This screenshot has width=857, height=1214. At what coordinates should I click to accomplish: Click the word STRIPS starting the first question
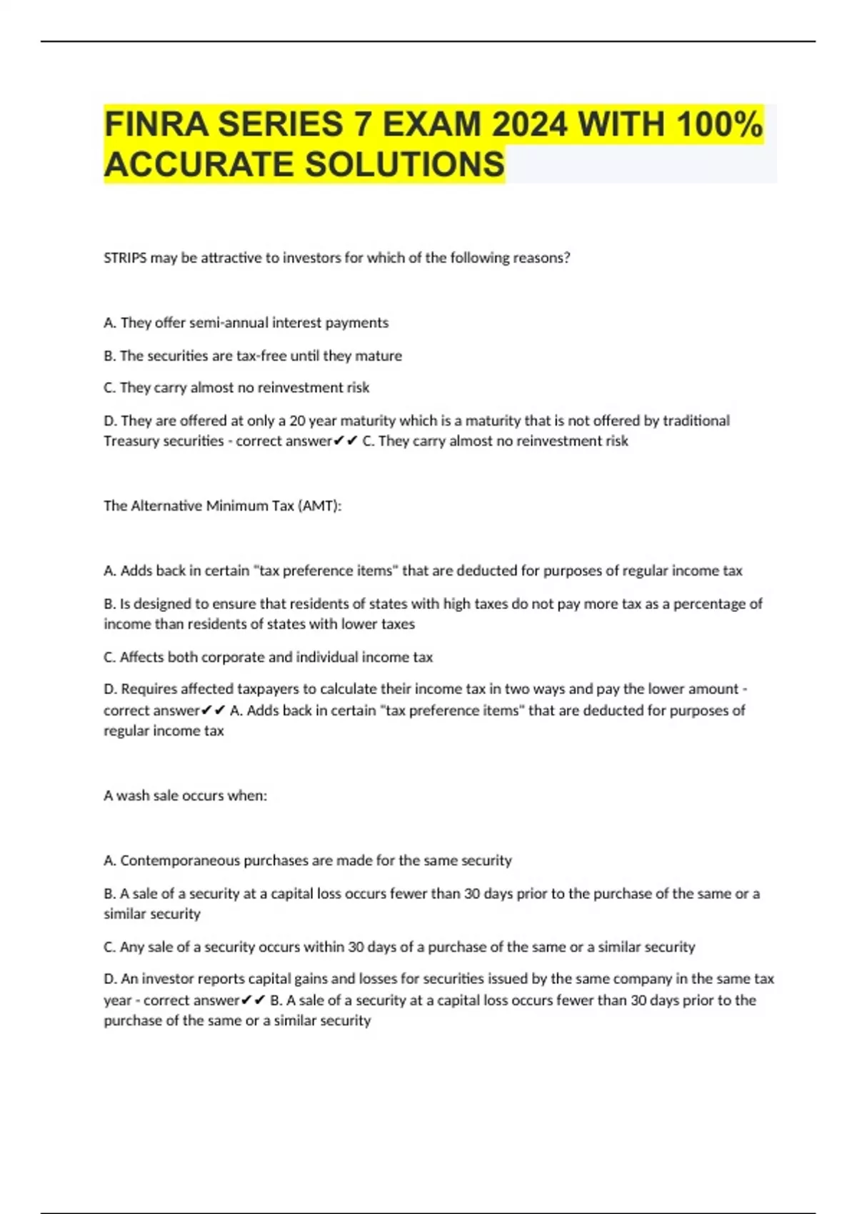click(125, 258)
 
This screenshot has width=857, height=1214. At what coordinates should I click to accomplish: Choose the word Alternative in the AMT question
click(166, 506)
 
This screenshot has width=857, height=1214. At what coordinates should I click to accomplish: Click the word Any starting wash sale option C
click(132, 947)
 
